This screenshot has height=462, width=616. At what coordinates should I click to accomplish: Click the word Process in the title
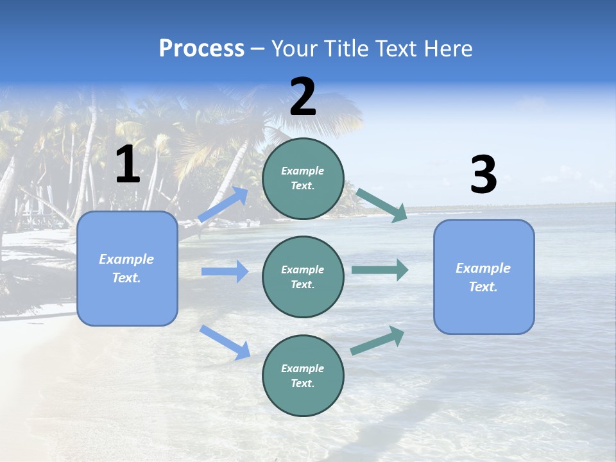point(201,49)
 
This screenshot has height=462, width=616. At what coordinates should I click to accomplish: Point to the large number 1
point(128,165)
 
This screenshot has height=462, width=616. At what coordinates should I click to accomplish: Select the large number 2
point(303,97)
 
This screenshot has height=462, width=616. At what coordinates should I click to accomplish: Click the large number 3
point(483,175)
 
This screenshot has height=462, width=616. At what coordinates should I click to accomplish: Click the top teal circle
point(303,178)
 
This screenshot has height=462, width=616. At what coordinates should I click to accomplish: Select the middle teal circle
point(303,277)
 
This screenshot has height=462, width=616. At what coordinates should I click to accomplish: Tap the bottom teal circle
point(303,375)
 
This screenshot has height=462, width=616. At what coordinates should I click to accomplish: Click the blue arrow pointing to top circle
point(224,204)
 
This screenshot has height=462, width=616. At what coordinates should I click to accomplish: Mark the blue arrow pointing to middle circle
point(225,271)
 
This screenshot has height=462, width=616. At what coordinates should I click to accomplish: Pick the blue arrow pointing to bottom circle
point(225,342)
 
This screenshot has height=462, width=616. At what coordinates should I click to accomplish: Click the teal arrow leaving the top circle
point(382,205)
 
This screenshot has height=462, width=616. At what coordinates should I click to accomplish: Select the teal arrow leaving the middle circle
point(380,270)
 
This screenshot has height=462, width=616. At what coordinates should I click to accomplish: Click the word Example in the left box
point(126,259)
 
